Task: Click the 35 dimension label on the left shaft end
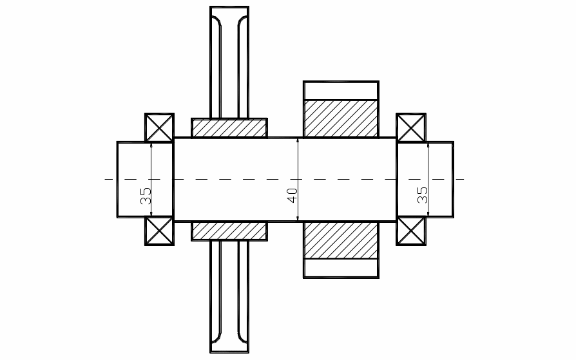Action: [146, 196]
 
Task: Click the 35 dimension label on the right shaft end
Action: [423, 195]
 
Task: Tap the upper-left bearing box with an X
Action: [159, 127]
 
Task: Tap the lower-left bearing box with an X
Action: [159, 231]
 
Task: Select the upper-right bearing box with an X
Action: [411, 127]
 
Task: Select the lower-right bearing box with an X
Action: [411, 231]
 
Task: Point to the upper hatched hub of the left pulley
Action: [229, 128]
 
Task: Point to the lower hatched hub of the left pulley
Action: [229, 231]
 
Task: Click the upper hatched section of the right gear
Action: [341, 118]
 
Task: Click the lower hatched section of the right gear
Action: [341, 240]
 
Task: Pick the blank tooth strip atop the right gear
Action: [341, 90]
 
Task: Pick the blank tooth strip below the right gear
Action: [341, 269]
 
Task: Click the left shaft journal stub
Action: [131, 180]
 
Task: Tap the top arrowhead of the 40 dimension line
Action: [298, 140]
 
